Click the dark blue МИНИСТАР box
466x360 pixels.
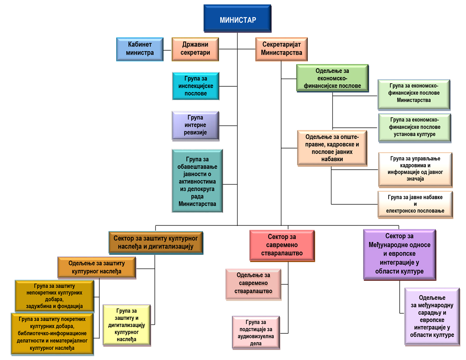[237, 19]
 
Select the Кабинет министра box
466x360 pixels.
[140, 49]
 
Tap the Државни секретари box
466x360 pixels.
[195, 49]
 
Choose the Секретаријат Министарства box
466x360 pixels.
[282, 49]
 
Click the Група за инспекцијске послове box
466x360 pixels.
[195, 86]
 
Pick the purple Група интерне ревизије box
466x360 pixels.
[195, 125]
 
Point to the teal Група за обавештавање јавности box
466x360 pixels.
[197, 180]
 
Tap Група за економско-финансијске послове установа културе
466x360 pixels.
[414, 127]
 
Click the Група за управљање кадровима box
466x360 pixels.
[415, 169]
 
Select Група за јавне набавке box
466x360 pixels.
[415, 205]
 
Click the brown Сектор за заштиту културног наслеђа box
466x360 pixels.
[156, 242]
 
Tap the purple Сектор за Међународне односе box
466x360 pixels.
[399, 254]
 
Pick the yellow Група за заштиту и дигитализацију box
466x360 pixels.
[126, 325]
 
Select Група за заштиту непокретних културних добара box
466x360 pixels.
[54, 295]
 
